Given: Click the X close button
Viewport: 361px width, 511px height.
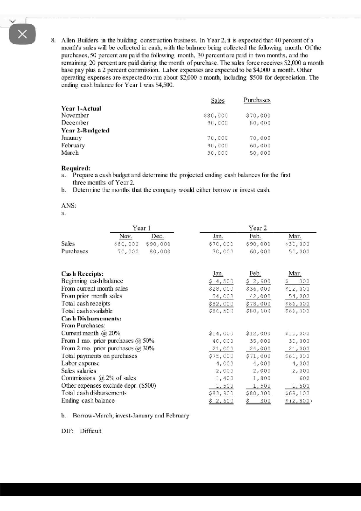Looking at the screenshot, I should point(22,34).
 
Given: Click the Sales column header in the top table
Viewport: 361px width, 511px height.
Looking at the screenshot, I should point(218,101).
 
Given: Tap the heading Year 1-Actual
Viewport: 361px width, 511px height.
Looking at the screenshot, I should point(81,108).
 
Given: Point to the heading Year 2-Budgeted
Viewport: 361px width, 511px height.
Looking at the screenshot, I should point(85,130).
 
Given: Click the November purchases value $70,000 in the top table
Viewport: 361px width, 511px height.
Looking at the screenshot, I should point(258,116).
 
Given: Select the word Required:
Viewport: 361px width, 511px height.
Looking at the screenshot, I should point(76,168).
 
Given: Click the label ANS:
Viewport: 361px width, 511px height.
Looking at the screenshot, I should point(69,206).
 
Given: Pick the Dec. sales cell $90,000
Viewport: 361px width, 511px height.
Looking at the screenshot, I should point(158,244).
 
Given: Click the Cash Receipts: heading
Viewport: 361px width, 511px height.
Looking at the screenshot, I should point(82,274).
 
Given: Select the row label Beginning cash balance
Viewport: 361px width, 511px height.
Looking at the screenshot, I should point(92,281).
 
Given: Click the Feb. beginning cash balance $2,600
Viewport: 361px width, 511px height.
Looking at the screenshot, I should point(258,281).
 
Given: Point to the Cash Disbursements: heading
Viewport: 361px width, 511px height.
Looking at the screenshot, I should point(91,318).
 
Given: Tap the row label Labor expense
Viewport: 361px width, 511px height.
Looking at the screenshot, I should point(80,363).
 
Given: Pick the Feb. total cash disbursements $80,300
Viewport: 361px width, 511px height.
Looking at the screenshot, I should point(258,393).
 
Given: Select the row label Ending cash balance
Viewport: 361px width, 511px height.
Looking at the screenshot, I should point(88,401).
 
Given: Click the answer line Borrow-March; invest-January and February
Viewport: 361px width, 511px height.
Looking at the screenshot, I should point(131,416).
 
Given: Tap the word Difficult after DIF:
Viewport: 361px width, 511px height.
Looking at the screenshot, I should point(90,431).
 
